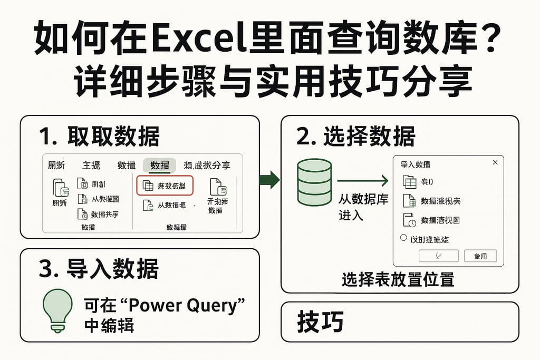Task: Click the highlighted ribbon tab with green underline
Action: coord(159,166)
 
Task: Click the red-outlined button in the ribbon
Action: coord(165,186)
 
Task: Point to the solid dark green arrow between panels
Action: coord(270,179)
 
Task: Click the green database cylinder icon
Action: coord(314,182)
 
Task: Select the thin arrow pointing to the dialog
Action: coord(363,182)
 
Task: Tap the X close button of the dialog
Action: coord(495,163)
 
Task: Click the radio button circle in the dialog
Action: coord(404,238)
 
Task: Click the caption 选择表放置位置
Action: coord(398,279)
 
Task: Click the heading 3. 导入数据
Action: coord(99,269)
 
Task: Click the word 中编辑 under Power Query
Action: coord(109,325)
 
